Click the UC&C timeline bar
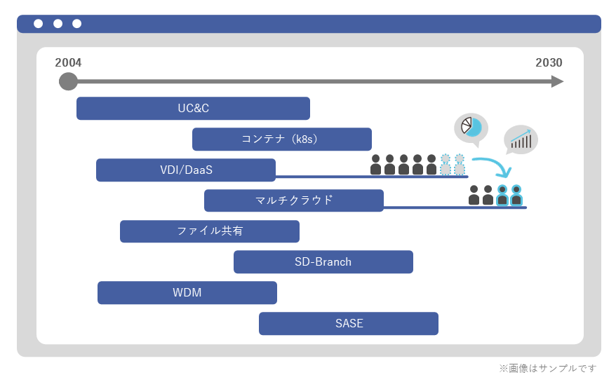[x=193, y=109]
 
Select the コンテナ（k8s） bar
[x=281, y=139]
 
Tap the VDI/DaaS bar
[x=185, y=170]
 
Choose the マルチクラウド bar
[x=293, y=200]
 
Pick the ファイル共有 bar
[x=209, y=231]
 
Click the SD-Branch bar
[x=323, y=262]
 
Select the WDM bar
[x=187, y=293]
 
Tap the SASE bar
[x=348, y=324]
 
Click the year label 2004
[x=68, y=63]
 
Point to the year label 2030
[x=548, y=63]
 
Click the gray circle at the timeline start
[x=68, y=82]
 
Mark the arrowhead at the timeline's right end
[x=557, y=82]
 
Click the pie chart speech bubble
[x=471, y=128]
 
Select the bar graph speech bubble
[x=521, y=140]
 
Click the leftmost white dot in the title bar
[x=38, y=24]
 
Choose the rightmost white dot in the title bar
[x=76, y=24]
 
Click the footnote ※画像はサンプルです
[x=547, y=368]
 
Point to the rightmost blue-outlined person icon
[x=516, y=195]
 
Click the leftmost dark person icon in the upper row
[x=375, y=165]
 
